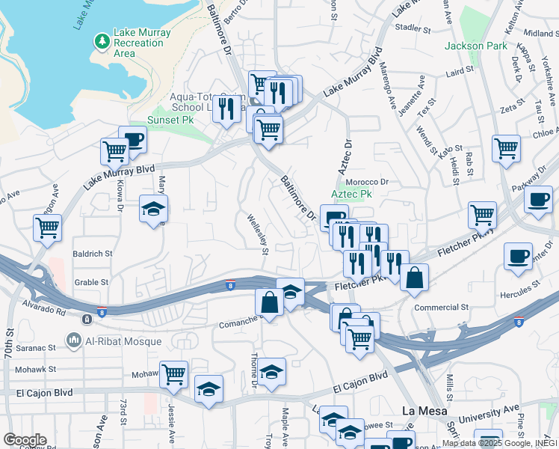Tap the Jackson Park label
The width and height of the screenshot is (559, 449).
pyautogui.click(x=470, y=46)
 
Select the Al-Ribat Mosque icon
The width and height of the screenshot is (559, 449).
pyautogui.click(x=74, y=341)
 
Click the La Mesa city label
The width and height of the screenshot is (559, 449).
pyautogui.click(x=424, y=411)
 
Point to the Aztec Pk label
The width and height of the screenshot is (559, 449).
pyautogui.click(x=351, y=194)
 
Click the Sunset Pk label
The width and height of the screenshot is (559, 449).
pyautogui.click(x=169, y=120)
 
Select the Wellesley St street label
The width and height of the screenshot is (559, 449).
pyautogui.click(x=256, y=234)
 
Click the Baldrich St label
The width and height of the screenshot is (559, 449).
pyautogui.click(x=92, y=254)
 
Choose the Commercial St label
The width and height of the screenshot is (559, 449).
pyautogui.click(x=441, y=307)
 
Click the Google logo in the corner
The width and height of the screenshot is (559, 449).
pyautogui.click(x=24, y=440)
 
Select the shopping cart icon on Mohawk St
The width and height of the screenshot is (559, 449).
pyautogui.click(x=174, y=373)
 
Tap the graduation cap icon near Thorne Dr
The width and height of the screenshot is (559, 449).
pyautogui.click(x=273, y=370)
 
